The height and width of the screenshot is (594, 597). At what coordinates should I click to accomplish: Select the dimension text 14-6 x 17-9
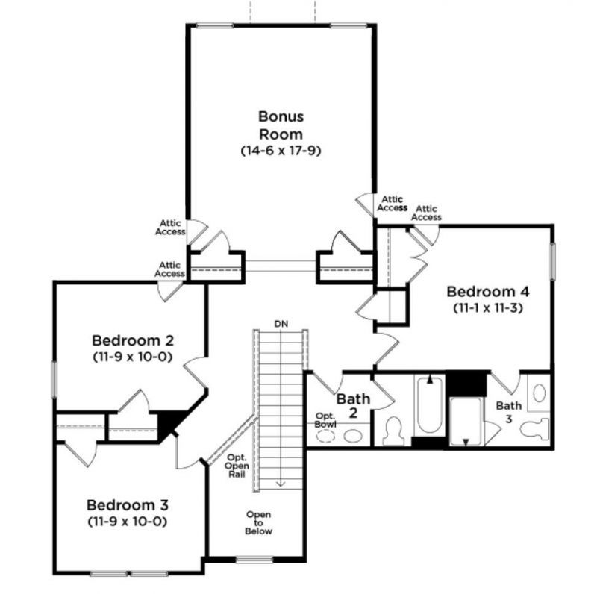pyautogui.click(x=281, y=150)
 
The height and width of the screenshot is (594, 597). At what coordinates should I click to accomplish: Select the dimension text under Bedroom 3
pyautogui.click(x=126, y=520)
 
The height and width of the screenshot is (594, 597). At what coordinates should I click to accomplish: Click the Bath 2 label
pyautogui.click(x=348, y=406)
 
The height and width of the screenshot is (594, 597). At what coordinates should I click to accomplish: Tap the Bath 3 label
pyautogui.click(x=510, y=412)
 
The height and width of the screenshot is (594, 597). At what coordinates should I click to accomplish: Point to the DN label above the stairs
pyautogui.click(x=281, y=324)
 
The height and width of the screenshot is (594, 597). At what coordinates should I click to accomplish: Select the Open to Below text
pyautogui.click(x=259, y=522)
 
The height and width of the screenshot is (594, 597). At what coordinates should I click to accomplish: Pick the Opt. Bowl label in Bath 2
pyautogui.click(x=325, y=419)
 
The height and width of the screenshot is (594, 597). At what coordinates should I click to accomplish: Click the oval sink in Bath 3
pyautogui.click(x=539, y=393)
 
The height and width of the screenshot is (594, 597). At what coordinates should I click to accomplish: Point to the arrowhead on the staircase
pyautogui.click(x=281, y=484)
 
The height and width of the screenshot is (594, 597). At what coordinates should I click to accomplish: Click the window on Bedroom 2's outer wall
pyautogui.click(x=54, y=381)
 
